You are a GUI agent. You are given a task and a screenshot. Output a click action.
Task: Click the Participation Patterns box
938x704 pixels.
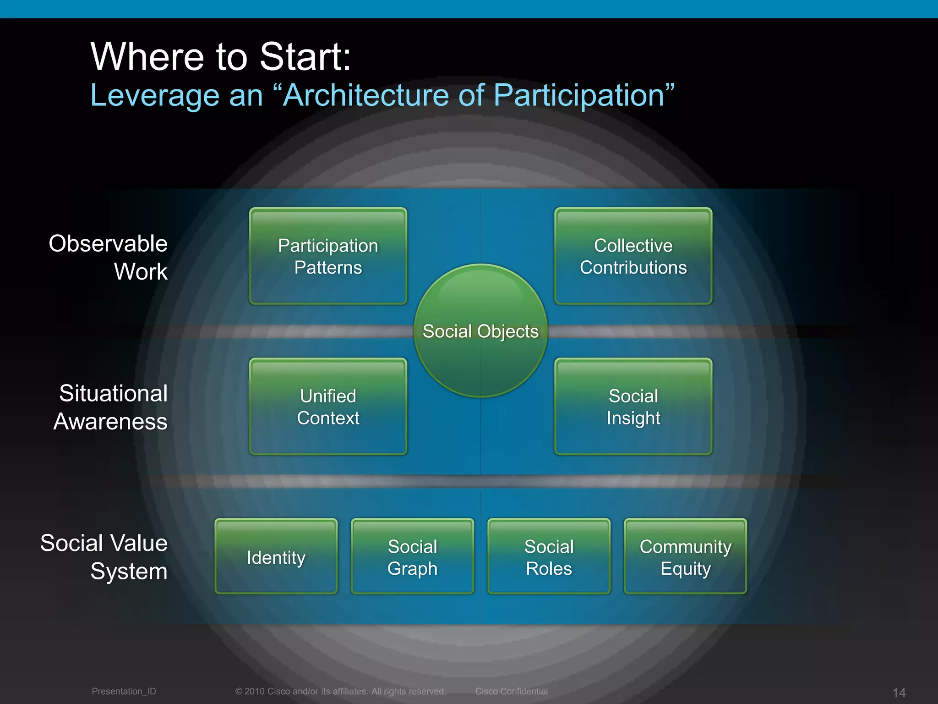click(x=328, y=256)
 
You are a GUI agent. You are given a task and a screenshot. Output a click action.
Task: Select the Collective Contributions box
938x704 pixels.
click(x=633, y=256)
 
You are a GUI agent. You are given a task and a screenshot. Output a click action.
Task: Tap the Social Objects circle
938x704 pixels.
click(x=480, y=331)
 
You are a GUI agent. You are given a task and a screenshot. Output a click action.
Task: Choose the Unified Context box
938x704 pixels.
click(x=328, y=407)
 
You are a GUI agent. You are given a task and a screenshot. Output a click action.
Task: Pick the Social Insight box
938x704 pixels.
click(x=633, y=407)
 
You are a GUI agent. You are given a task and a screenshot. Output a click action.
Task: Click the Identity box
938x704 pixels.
click(x=276, y=557)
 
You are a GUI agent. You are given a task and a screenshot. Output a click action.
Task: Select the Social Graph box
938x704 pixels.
click(x=412, y=557)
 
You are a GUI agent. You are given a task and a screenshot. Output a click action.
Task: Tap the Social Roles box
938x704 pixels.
click(x=549, y=557)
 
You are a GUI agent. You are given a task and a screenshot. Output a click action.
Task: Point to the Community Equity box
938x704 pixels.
click(x=685, y=557)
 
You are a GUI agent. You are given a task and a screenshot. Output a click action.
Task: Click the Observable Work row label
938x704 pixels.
click(x=109, y=257)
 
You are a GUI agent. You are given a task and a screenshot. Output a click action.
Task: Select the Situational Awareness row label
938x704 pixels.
click(x=111, y=407)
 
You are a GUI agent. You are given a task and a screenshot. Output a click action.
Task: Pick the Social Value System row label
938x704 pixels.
click(x=104, y=557)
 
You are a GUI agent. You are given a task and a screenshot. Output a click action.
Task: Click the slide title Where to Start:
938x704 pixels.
click(x=221, y=57)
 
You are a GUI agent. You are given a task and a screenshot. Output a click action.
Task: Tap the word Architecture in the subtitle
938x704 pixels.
click(x=365, y=95)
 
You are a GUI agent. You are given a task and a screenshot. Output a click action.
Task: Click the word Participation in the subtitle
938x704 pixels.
click(x=578, y=95)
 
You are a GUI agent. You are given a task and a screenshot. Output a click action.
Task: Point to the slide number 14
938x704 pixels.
click(x=899, y=693)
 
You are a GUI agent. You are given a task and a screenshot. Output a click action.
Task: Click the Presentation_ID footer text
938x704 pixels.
click(x=124, y=691)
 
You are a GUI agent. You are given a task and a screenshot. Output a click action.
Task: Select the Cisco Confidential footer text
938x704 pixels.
click(x=511, y=691)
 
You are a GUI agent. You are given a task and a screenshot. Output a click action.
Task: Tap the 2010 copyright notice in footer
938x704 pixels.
click(x=340, y=691)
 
